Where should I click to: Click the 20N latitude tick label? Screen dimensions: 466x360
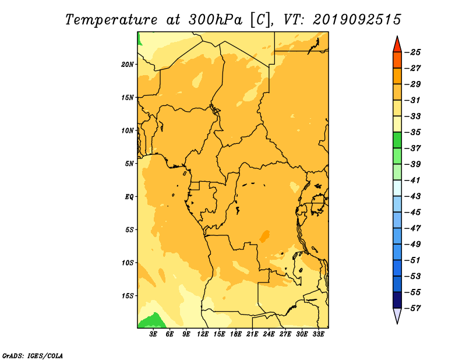tap(128, 65)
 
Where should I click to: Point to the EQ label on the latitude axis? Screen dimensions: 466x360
tap(129, 197)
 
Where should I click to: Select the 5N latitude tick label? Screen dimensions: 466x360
tap(129, 164)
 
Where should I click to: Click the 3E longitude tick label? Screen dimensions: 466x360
tap(153, 334)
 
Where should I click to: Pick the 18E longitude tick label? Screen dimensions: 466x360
tap(236, 334)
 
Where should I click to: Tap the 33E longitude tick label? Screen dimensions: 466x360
tap(318, 334)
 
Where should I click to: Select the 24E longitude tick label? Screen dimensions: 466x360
tap(269, 334)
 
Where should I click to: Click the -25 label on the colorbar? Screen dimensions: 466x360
tap(413, 52)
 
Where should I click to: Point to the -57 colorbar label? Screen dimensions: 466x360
tap(413, 308)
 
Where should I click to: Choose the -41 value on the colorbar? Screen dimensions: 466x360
tap(413, 181)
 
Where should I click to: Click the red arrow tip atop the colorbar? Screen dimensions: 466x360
tap(397, 37)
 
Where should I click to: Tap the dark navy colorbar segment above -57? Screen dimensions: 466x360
tap(397, 300)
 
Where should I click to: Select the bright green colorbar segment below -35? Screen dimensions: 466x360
tap(397, 140)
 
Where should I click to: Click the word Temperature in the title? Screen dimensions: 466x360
tap(111, 20)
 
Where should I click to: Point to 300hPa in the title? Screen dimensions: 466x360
tap(215, 20)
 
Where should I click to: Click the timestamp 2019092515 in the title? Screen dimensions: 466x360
tap(357, 20)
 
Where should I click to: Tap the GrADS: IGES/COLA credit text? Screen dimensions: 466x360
tap(33, 356)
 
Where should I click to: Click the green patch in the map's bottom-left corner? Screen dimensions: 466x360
tap(151, 322)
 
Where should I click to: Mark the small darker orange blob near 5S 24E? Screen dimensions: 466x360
tap(264, 236)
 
